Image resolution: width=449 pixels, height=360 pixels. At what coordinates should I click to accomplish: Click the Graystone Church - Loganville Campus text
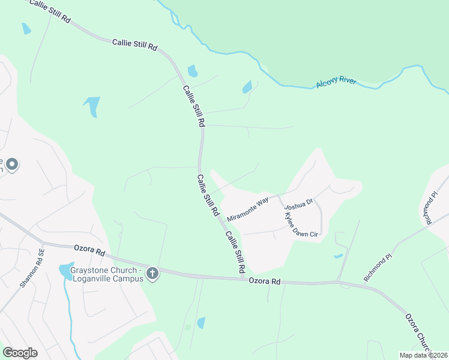pyautogui.click(x=105, y=274)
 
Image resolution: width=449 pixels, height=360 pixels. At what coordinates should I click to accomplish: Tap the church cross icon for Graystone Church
pyautogui.click(x=152, y=274)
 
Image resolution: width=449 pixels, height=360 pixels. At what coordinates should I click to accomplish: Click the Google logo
pyautogui.click(x=20, y=352)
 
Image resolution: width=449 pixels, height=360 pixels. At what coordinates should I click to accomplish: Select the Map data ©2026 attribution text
pyautogui.click(x=423, y=355)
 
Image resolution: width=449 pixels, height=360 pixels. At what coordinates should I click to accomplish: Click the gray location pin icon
pyautogui.click(x=11, y=164)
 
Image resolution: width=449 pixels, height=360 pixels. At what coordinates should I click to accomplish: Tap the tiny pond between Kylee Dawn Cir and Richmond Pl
pyautogui.click(x=338, y=256)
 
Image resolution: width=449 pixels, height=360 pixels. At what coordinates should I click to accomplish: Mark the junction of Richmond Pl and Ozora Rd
pyautogui.click(x=339, y=281)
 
